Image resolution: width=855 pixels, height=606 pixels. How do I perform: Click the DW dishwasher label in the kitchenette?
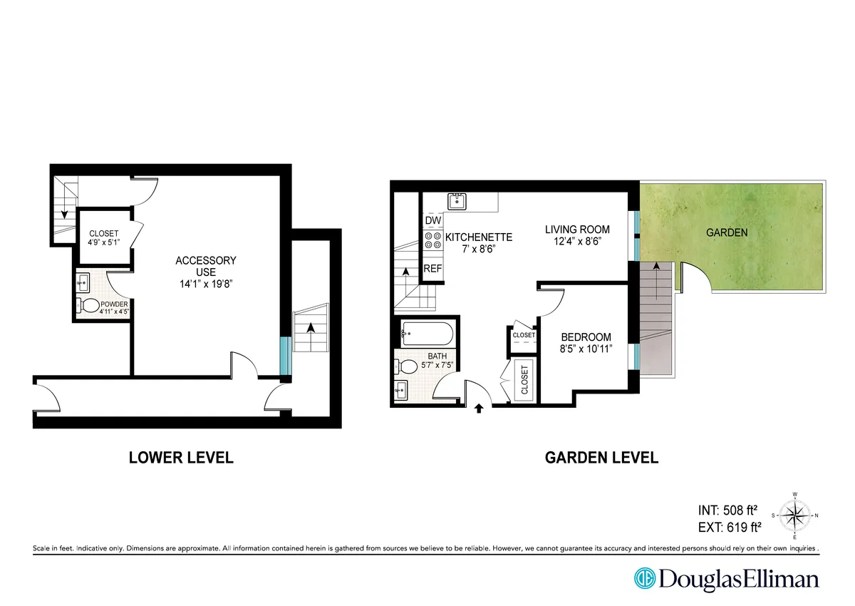[x=432, y=221]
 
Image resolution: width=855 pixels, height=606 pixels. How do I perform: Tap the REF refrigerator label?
[x=432, y=269]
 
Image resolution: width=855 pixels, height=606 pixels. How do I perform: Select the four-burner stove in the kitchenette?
[x=432, y=242]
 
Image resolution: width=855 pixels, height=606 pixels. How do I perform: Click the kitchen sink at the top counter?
[x=456, y=201]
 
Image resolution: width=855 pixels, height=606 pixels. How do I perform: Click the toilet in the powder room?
[x=90, y=306]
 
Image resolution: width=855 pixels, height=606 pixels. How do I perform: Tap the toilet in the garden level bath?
[x=408, y=366]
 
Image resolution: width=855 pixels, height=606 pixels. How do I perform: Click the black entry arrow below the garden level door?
[x=479, y=409]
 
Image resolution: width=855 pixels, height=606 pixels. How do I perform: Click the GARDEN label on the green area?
[x=727, y=232]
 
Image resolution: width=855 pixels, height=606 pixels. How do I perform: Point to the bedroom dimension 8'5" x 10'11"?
[x=586, y=350]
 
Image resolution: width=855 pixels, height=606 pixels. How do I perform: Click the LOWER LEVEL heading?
[x=181, y=458]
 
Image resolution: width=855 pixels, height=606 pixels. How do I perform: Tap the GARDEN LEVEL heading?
[x=601, y=458]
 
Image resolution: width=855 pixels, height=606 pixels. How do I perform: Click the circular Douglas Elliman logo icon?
[x=645, y=577]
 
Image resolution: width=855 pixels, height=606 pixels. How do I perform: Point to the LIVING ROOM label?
[x=577, y=229]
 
